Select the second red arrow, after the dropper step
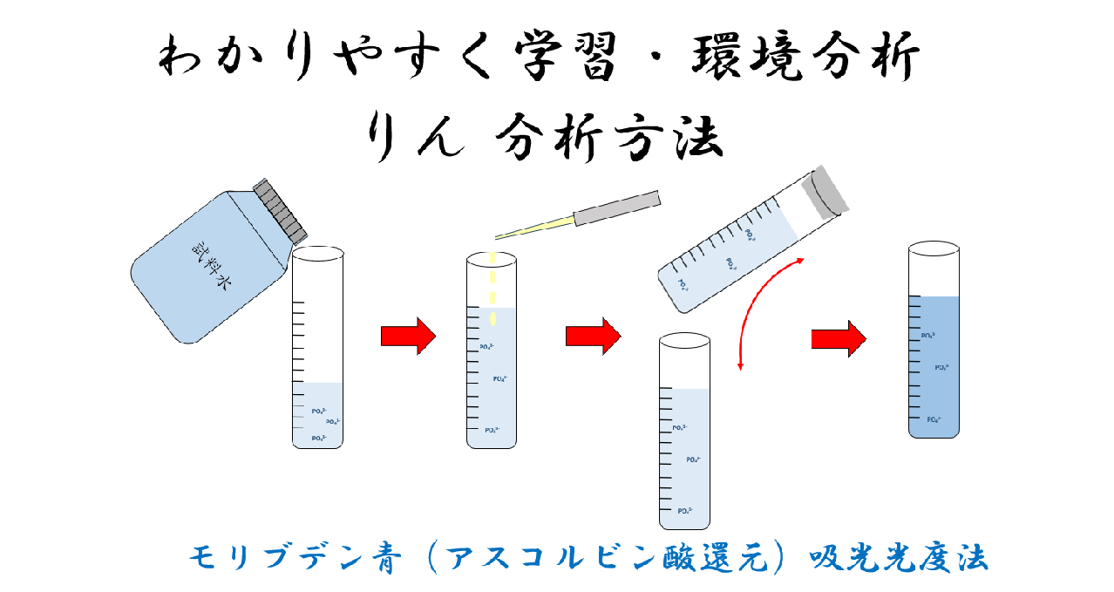593,336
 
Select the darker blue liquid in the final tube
934,366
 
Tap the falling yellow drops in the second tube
492,288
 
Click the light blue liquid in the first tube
318,414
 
